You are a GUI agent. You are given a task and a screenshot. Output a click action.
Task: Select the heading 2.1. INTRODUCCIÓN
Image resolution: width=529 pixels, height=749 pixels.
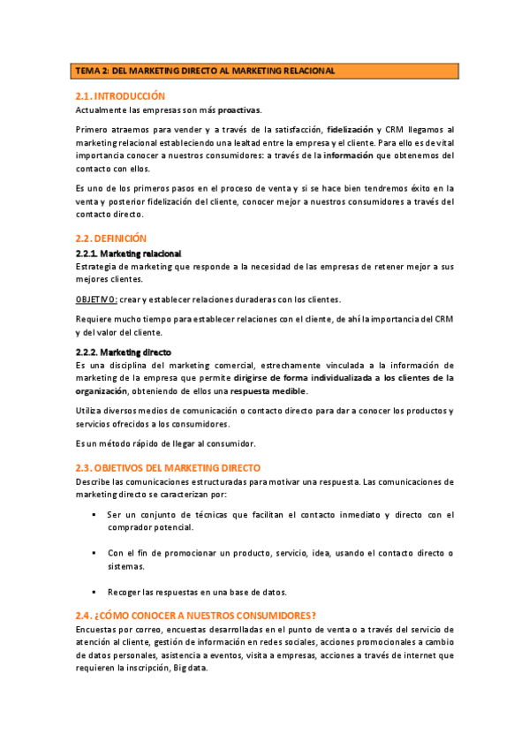(x=120, y=95)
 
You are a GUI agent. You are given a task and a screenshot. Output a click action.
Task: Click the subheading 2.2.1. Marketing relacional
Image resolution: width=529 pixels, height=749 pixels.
(x=128, y=253)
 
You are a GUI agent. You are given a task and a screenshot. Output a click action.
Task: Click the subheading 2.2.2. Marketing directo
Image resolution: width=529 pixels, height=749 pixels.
(x=123, y=352)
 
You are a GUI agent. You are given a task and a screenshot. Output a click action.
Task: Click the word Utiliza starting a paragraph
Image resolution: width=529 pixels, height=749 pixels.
(x=89, y=410)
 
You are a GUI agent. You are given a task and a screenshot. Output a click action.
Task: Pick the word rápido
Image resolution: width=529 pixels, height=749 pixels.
(x=153, y=443)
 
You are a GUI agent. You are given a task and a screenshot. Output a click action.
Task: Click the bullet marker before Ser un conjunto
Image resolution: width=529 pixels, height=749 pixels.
(x=94, y=514)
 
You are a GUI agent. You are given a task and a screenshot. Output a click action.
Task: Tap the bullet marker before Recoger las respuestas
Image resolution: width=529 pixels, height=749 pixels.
(x=94, y=592)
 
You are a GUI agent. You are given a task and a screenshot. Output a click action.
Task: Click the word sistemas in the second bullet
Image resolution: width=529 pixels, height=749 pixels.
(x=126, y=566)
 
